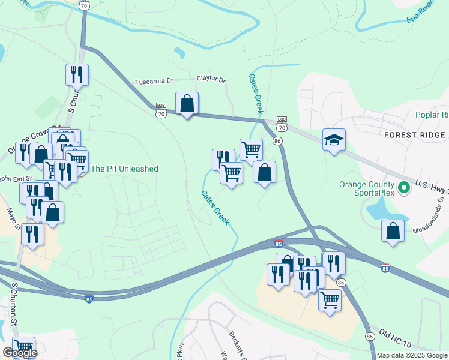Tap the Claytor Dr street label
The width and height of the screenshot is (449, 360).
[x=211, y=79]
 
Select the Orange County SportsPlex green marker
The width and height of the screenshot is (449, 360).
[x=405, y=188]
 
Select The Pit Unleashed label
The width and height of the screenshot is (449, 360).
[x=124, y=169]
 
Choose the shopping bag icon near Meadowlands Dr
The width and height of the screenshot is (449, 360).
[x=393, y=231]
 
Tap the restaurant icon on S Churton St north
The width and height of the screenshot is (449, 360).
[x=77, y=74]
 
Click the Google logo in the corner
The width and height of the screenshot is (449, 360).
[x=20, y=353]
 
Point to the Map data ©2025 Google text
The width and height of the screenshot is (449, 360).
[x=412, y=355]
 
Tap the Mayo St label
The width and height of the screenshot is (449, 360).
[x=11, y=218]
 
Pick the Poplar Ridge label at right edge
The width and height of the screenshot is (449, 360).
[x=432, y=115]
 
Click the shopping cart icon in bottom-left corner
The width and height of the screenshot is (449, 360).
[x=23, y=346]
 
